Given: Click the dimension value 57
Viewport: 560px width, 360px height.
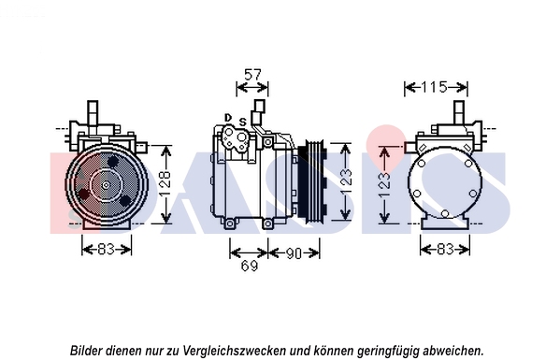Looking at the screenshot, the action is point(252,75).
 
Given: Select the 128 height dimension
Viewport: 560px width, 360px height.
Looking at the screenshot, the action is point(165,184).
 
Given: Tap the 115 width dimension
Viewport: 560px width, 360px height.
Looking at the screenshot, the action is point(434,87).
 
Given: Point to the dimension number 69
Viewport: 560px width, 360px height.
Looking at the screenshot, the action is point(249,266).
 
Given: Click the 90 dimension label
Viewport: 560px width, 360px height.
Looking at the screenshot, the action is point(294,253).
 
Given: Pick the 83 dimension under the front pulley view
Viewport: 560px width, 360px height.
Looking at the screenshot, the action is point(106,249).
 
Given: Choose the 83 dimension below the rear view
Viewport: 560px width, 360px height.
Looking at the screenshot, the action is point(445,249).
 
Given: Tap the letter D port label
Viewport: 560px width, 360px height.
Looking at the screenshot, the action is point(228,118).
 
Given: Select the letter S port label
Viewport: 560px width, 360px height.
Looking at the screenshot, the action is point(243,122).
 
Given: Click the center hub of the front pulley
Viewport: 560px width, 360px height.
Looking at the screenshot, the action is point(106,185).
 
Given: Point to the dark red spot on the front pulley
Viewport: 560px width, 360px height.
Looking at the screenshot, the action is point(85,194).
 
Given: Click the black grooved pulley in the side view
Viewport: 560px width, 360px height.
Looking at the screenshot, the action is point(310,180).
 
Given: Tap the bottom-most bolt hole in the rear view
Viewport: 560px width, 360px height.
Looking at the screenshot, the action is point(445,213).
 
